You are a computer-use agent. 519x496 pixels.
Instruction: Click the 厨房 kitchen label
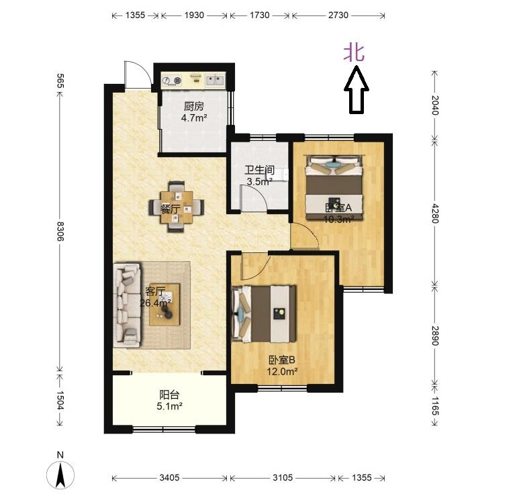click(x=193, y=107)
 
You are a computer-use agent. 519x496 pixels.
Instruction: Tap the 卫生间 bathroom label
click(x=259, y=170)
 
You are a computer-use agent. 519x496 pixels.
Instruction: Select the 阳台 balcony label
click(x=169, y=395)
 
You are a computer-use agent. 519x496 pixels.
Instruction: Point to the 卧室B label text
click(x=282, y=360)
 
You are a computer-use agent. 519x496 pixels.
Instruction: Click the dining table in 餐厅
click(x=177, y=207)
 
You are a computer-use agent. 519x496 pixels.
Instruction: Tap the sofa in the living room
click(x=127, y=305)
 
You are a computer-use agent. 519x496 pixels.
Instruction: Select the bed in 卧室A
click(x=334, y=187)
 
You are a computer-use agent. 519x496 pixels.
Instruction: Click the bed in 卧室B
click(x=264, y=313)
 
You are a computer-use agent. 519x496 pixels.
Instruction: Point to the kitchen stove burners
click(x=173, y=81)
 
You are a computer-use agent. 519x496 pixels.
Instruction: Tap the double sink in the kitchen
click(x=215, y=80)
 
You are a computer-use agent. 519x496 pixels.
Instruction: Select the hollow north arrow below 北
click(x=356, y=90)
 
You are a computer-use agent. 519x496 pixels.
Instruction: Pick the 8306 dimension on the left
click(x=60, y=232)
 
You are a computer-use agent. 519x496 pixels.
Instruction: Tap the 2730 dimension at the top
click(x=338, y=15)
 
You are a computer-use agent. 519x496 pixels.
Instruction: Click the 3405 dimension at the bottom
click(x=169, y=477)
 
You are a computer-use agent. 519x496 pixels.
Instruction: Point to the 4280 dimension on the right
click(x=435, y=213)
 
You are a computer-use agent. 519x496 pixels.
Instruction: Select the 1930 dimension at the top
click(x=194, y=15)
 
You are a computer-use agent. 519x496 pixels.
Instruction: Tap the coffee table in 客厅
click(x=164, y=305)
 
